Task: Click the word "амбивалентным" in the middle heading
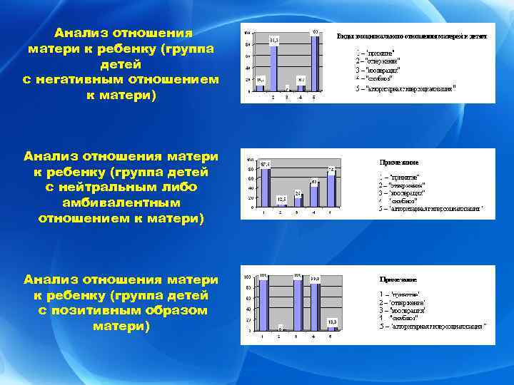(121, 202)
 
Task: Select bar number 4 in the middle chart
(314, 196)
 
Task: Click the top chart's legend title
(412, 36)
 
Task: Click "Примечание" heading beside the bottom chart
(398, 279)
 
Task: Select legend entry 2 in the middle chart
(399, 185)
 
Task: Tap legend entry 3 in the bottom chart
(403, 310)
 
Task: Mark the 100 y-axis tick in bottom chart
(247, 276)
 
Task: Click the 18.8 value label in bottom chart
(332, 322)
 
